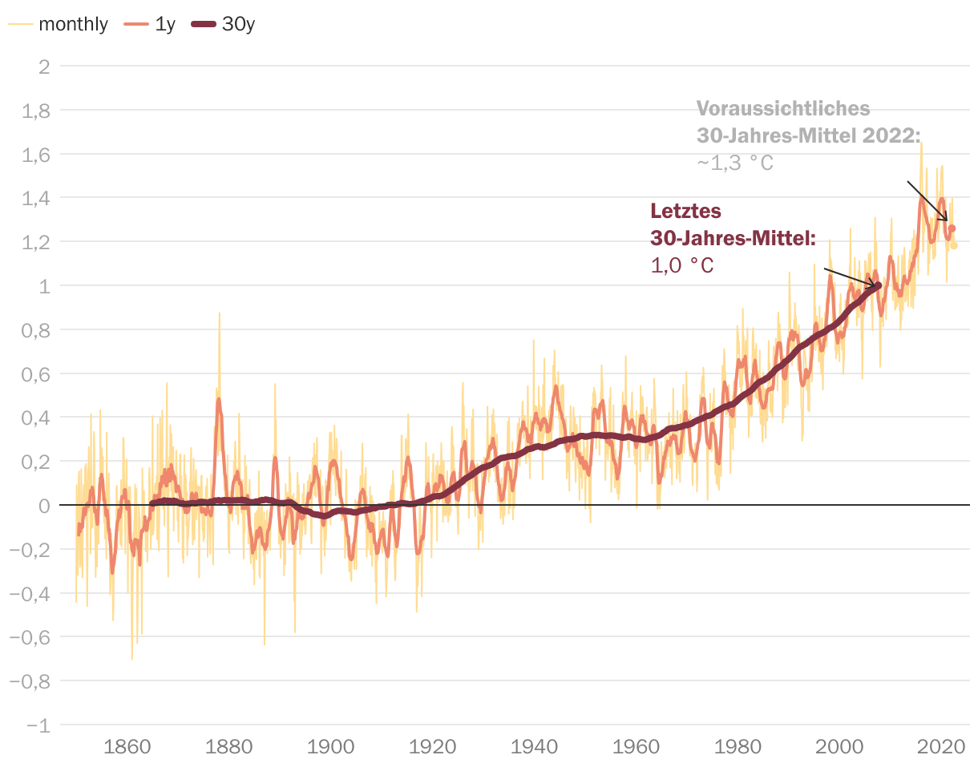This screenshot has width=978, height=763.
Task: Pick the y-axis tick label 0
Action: [44, 506]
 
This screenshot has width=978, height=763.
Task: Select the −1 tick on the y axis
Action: [38, 725]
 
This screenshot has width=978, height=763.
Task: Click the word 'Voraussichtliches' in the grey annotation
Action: [782, 108]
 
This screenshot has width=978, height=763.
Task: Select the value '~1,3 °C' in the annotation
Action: [734, 163]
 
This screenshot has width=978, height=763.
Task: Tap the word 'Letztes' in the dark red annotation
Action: [685, 212]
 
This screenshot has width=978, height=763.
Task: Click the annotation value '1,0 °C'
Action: [681, 265]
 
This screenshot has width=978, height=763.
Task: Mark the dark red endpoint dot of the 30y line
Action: [878, 285]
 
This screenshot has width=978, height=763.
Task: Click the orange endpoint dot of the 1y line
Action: [952, 228]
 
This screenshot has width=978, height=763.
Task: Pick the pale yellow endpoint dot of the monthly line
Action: [954, 245]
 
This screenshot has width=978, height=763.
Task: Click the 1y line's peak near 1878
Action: [218, 399]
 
